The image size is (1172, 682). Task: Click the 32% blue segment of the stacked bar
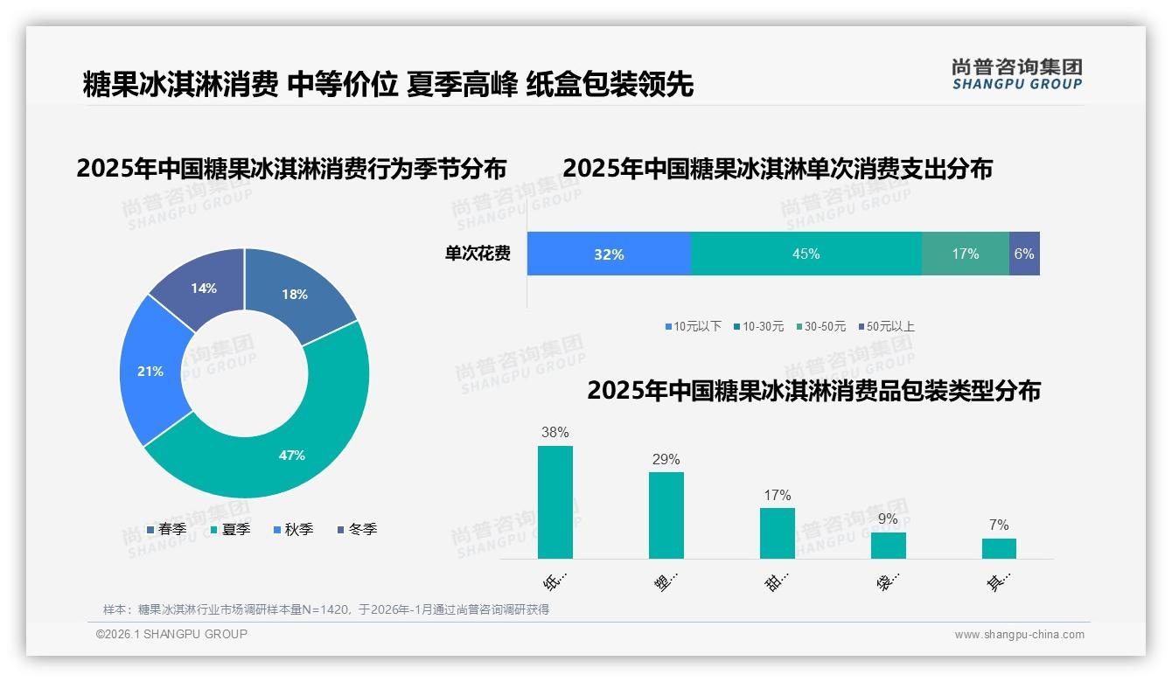[x=609, y=254]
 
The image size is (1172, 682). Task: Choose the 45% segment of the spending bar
[x=806, y=254]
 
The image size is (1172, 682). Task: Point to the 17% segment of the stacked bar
[x=965, y=254]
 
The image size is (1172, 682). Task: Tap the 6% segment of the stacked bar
[x=1024, y=254]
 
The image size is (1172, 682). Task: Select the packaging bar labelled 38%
[x=555, y=502]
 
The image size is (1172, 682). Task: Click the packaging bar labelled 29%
[x=666, y=515]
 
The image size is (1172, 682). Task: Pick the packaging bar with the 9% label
[x=888, y=546]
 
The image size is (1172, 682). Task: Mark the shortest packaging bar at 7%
[x=999, y=548]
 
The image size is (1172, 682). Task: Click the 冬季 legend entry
[x=357, y=529]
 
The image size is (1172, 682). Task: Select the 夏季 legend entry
[x=230, y=529]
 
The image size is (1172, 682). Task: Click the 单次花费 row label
[x=478, y=254]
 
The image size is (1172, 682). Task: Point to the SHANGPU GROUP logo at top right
[x=1016, y=74]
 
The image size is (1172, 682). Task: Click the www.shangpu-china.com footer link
[x=1019, y=635]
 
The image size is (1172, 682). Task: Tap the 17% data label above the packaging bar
[x=777, y=495]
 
